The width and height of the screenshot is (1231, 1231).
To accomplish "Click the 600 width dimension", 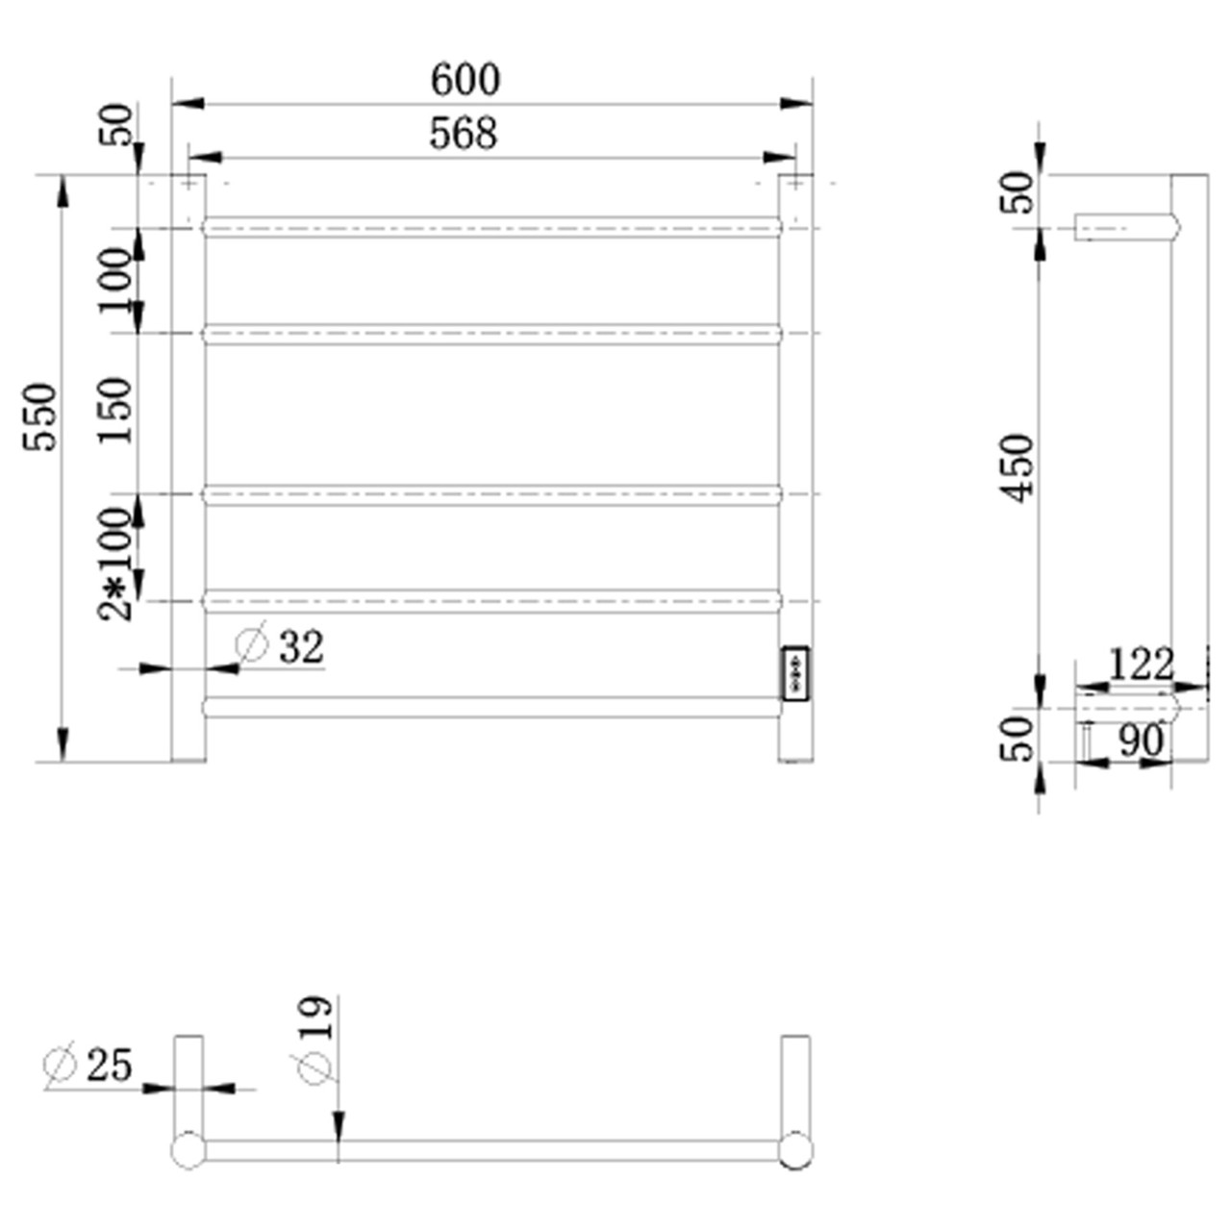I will click(x=465, y=80).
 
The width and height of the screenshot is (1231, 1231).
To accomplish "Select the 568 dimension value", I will click(x=463, y=134).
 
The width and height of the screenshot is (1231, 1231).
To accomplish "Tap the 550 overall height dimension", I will click(x=41, y=417).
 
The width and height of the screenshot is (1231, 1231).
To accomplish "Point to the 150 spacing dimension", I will click(x=115, y=410).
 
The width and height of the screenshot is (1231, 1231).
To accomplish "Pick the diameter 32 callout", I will click(x=281, y=646).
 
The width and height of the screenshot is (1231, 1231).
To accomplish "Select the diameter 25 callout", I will click(x=88, y=1065).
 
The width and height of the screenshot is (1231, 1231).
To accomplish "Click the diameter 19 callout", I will click(x=315, y=1039).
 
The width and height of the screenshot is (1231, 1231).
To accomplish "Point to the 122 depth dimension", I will click(x=1141, y=665).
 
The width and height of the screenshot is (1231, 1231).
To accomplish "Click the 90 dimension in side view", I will click(x=1141, y=741).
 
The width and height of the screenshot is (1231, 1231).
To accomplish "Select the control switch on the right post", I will click(x=795, y=673).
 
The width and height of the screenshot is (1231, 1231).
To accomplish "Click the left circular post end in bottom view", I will click(x=188, y=1150).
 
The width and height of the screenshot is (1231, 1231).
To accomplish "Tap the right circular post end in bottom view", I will click(x=795, y=1150).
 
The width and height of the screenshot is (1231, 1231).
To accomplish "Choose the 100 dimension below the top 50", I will click(x=115, y=280).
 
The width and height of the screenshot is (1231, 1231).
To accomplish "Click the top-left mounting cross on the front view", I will click(x=188, y=182).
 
